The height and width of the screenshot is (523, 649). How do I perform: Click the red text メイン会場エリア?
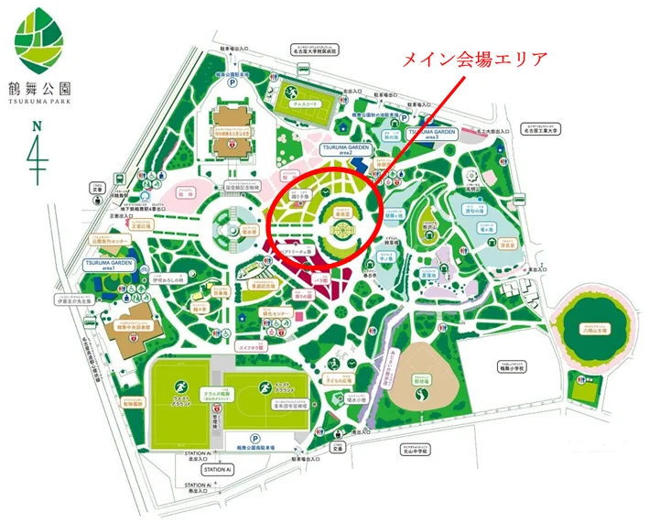coord(475,61)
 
